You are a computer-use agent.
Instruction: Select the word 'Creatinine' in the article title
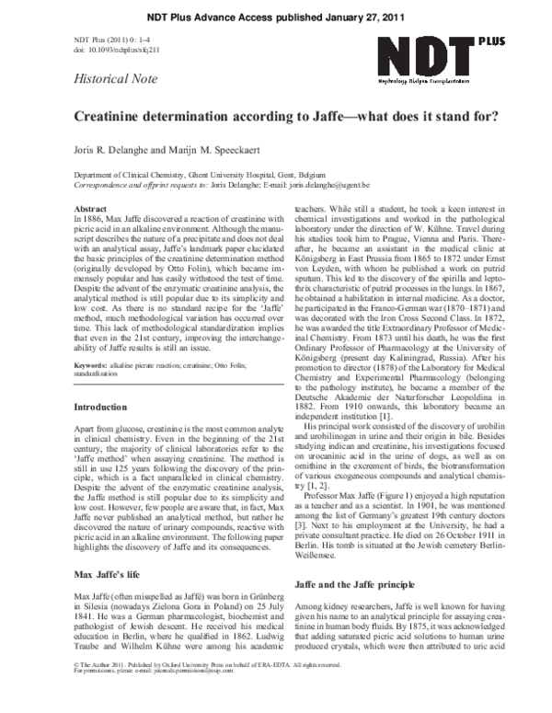112,117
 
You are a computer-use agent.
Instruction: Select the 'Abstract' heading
89,210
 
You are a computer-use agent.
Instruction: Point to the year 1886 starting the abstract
92,219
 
